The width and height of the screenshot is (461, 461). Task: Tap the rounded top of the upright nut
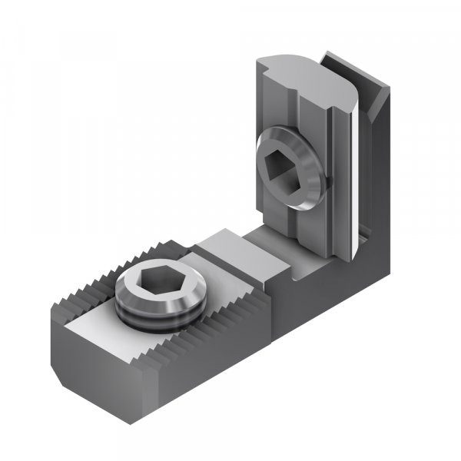[307, 73]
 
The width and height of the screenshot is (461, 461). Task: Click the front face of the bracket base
[307, 300]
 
